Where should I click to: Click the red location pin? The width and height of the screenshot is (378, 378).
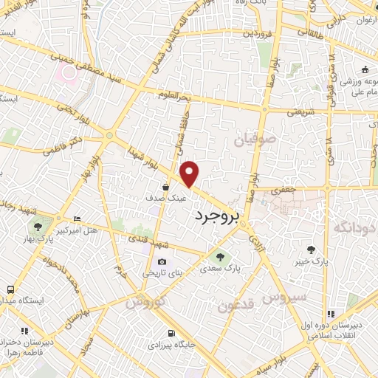190,173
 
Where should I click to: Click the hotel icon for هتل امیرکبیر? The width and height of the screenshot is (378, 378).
78,219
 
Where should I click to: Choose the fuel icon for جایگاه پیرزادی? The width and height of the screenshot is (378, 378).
172,333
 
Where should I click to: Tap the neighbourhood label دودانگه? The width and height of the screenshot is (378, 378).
355,228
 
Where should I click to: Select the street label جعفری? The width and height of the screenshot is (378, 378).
282,190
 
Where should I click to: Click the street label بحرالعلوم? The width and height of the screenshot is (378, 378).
174,94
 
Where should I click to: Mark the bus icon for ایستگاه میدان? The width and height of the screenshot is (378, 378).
10,289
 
